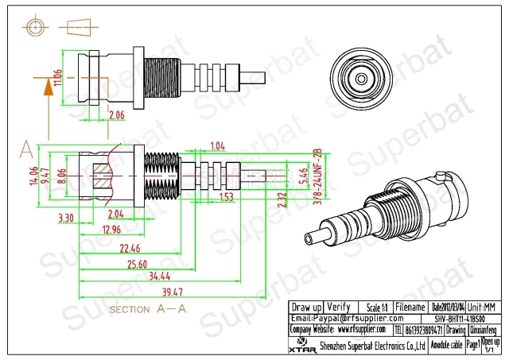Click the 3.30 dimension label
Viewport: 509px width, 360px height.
pyautogui.click(x=67, y=216)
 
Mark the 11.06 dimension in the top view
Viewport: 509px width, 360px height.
pyautogui.click(x=56, y=75)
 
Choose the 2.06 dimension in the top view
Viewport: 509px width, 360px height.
pyautogui.click(x=116, y=115)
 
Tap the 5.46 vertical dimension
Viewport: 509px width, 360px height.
pyautogui.click(x=302, y=176)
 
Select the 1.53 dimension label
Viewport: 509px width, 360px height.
pyautogui.click(x=226, y=195)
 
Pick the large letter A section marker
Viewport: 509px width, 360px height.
pyautogui.click(x=26, y=149)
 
